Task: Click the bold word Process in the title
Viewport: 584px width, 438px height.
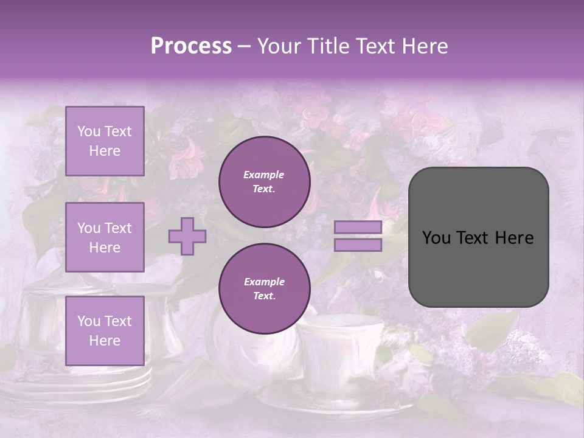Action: (x=191, y=46)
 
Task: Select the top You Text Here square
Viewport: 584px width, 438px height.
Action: (x=105, y=141)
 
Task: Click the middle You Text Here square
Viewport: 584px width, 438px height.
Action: (x=105, y=237)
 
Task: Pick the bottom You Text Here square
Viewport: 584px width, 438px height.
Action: (x=105, y=330)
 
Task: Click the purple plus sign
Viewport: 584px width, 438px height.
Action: (x=187, y=236)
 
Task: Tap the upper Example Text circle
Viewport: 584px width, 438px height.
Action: (x=264, y=182)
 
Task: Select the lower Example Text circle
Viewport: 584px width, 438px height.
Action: (x=264, y=289)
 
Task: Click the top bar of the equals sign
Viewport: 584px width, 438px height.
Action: (x=358, y=228)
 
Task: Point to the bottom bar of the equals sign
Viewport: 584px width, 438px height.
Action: (x=358, y=245)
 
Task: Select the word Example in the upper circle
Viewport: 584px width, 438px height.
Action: (x=264, y=175)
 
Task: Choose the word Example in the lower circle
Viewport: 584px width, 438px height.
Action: (x=264, y=282)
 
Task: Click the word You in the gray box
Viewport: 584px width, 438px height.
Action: (x=436, y=238)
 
